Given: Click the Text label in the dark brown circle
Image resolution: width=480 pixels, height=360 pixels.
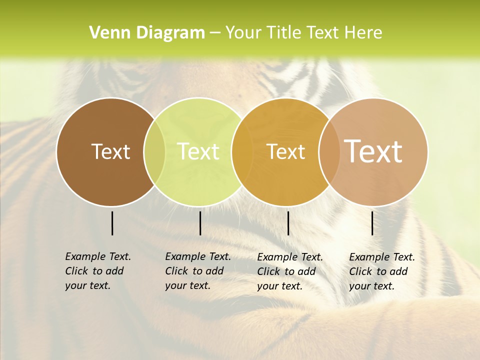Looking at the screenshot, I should (110, 151).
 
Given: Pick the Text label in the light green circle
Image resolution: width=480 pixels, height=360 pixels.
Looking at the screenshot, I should (198, 151).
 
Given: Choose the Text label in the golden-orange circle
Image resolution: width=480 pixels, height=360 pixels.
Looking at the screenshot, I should (286, 151).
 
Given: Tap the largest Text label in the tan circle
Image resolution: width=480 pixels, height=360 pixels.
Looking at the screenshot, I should (373, 151).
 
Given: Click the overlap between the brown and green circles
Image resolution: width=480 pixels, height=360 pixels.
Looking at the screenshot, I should (154, 152).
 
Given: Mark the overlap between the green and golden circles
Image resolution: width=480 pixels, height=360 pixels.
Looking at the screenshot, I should (242, 152).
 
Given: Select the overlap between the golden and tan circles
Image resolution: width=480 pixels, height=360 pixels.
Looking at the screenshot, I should (329, 152).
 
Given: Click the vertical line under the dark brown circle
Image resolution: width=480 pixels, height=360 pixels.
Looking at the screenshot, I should (112, 223).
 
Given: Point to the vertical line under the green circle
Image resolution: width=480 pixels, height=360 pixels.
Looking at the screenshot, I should (200, 223).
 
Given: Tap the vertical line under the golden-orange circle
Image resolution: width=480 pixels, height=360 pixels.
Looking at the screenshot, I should (288, 223).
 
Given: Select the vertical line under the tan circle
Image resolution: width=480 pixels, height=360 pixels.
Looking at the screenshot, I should (372, 223).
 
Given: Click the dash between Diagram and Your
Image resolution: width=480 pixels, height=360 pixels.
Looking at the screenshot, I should (215, 33).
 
